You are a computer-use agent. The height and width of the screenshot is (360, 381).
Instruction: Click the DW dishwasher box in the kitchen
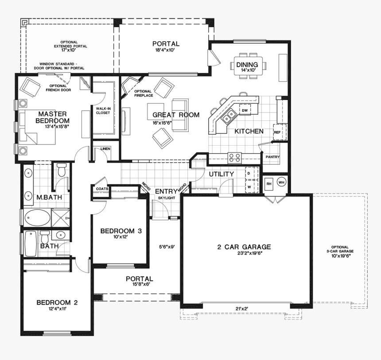(245, 110)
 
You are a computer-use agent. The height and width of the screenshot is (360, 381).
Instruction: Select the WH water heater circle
(281, 182)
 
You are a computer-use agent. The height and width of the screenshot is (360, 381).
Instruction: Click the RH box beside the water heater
(269, 184)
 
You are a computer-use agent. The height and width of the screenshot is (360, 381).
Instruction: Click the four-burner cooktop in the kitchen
(234, 158)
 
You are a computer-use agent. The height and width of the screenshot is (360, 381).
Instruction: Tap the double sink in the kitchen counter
(229, 116)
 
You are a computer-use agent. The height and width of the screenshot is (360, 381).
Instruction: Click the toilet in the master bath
(62, 170)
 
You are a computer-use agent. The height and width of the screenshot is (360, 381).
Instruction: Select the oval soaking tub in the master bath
(37, 217)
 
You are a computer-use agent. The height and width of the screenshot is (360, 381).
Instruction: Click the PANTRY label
(272, 157)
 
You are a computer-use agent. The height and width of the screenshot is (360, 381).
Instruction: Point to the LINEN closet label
(105, 149)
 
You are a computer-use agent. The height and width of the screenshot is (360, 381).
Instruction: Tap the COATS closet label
(102, 189)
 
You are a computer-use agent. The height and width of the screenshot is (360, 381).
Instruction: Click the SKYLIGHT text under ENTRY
(167, 198)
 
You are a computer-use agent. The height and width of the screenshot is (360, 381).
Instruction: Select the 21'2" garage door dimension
(241, 309)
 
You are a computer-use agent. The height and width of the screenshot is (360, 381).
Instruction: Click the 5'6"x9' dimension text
(167, 247)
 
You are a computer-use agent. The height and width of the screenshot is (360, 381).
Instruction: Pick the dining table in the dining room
(248, 66)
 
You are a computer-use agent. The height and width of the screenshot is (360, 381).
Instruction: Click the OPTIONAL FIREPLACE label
(144, 93)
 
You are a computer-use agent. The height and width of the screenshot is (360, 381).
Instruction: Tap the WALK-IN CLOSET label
(103, 111)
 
